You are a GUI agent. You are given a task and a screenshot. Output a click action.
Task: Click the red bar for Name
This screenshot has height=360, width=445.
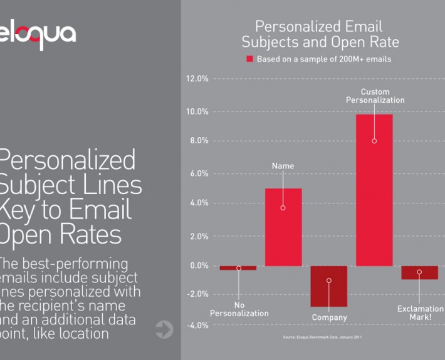point(283,227)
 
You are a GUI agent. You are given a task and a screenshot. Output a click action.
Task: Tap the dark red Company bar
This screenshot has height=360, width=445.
point(329,286)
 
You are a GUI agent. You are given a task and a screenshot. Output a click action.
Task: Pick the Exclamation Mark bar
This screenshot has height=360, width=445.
point(420,272)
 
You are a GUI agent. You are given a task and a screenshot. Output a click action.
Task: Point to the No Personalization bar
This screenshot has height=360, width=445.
point(238,268)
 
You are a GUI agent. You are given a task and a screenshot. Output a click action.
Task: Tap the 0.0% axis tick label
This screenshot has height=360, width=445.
point(199,265)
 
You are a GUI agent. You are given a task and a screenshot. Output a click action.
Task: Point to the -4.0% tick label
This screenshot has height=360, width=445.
point(198,325)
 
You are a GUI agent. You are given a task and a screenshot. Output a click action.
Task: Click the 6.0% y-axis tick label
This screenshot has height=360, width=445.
point(199,173)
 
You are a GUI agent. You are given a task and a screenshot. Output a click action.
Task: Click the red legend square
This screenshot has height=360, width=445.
point(249,59)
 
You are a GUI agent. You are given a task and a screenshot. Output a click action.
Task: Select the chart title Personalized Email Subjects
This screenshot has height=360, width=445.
point(320,34)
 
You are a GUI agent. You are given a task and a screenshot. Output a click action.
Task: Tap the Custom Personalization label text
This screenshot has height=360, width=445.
point(375,96)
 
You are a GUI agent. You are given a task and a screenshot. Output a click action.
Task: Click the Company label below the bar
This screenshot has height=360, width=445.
point(329,317)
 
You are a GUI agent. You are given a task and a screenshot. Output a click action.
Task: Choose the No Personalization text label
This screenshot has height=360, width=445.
point(239,309)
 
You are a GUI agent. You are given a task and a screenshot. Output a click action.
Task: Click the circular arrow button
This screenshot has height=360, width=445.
point(164,329)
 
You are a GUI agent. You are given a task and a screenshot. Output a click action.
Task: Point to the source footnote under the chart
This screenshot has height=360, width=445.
point(323,337)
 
